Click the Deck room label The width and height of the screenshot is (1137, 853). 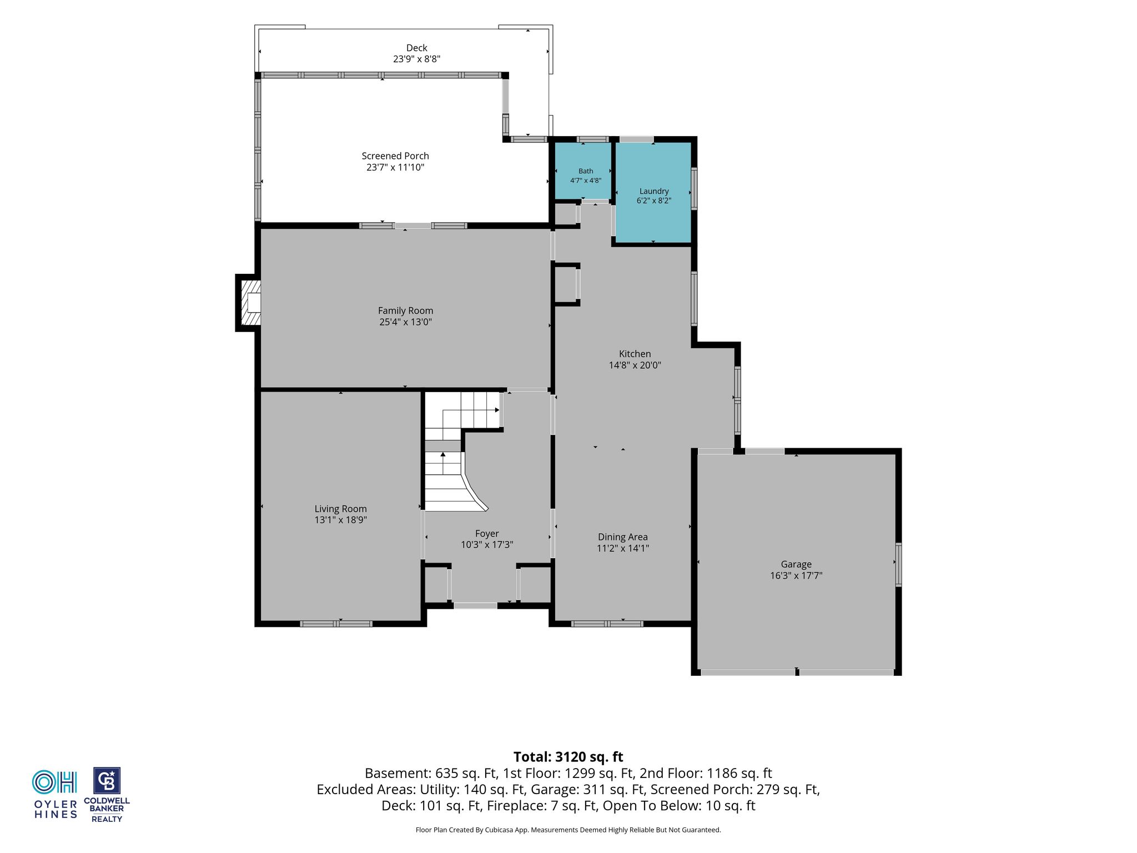point(416,48)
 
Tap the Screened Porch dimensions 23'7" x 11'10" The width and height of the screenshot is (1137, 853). point(395,167)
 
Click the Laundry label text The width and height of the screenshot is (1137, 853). point(654,191)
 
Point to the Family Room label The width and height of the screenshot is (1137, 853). point(405,311)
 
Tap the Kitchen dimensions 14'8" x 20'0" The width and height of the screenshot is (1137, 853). point(635,365)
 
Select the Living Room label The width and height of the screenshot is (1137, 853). point(340,509)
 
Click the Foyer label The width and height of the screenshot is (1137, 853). point(487,534)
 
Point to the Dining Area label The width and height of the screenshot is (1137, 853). point(623,537)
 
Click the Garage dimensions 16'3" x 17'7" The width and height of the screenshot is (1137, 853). point(796,576)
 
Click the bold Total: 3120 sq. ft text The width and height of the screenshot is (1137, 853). point(568,757)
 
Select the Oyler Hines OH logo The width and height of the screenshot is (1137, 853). point(54,782)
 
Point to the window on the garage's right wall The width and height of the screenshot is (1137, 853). point(898,564)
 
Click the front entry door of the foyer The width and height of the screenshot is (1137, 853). point(475,605)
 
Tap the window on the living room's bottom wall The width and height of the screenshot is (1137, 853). point(336,624)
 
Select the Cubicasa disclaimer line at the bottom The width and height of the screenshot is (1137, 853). point(568,830)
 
